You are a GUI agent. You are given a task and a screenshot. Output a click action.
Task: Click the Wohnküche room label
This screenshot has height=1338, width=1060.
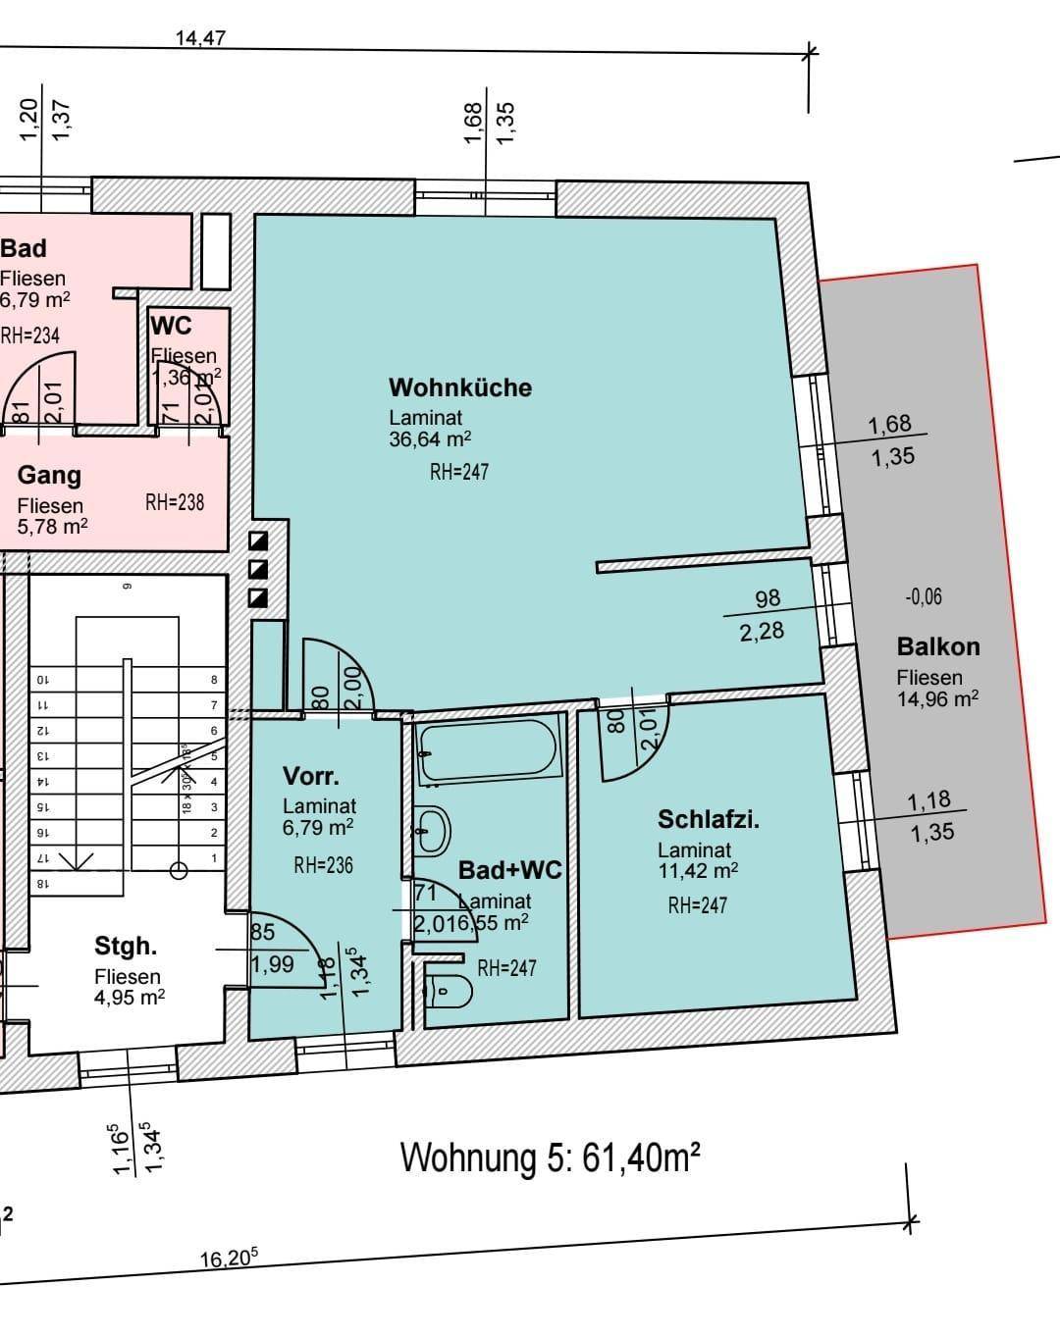(459, 387)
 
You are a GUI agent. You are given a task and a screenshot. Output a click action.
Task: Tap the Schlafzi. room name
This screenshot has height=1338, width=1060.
(709, 819)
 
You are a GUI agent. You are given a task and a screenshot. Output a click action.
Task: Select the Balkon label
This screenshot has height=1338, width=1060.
(938, 646)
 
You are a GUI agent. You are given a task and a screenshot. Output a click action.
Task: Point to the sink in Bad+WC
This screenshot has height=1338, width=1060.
(433, 831)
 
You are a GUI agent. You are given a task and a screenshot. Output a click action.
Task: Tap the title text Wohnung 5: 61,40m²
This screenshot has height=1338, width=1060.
(550, 1158)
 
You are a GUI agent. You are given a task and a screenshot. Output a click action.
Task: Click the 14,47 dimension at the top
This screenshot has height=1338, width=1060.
(200, 38)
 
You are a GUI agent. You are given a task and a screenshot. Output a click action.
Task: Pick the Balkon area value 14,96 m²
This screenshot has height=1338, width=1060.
(936, 699)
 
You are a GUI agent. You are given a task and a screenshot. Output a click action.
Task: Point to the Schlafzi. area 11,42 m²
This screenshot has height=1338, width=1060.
(698, 870)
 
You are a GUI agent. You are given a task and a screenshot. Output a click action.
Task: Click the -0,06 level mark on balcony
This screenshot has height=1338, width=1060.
(923, 596)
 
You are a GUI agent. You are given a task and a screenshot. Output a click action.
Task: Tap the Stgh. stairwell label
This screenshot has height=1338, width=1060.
(125, 947)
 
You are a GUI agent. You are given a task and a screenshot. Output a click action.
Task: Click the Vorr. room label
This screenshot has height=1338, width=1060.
(311, 776)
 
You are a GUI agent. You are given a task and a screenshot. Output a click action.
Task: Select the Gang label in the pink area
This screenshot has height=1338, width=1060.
(49, 476)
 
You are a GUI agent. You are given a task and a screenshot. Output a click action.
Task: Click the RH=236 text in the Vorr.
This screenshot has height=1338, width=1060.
(323, 865)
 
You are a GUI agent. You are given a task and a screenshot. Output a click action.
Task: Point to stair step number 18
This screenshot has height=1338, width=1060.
(41, 883)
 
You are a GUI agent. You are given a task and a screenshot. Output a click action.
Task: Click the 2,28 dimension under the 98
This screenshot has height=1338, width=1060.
(762, 631)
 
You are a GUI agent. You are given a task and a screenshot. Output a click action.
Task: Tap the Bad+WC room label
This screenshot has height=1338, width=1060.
(509, 870)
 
